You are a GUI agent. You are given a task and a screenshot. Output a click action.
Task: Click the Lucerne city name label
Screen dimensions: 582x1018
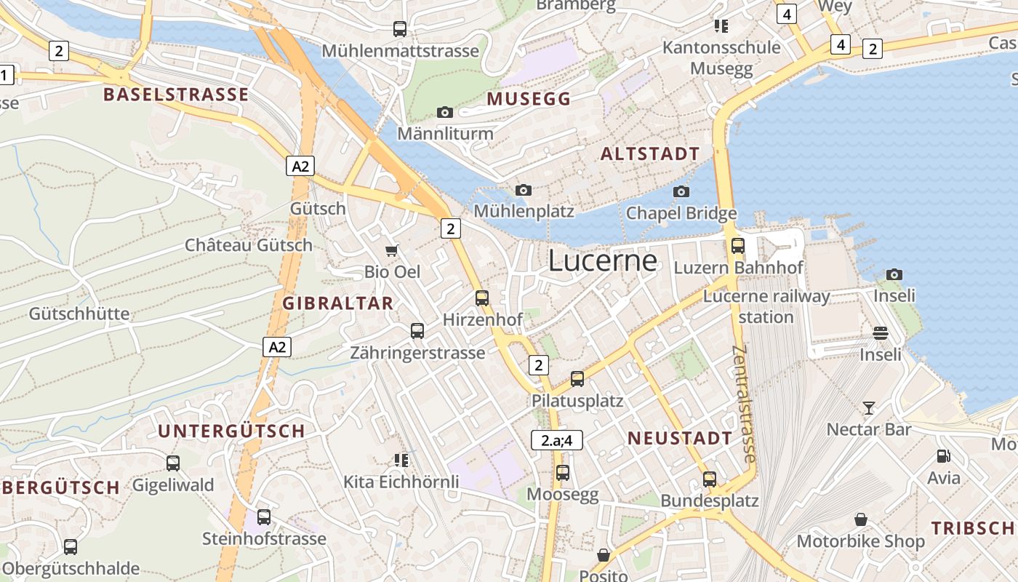pyautogui.click(x=603, y=260)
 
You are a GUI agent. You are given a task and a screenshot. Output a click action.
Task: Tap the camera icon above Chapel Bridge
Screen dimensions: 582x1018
pyautogui.click(x=681, y=191)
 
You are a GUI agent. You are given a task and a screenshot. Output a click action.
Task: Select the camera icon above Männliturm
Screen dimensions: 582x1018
pyautogui.click(x=445, y=112)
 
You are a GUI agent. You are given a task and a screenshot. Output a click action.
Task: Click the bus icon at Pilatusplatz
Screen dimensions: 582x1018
pyautogui.click(x=577, y=378)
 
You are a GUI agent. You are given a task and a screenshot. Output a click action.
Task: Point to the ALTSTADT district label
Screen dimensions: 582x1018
pyautogui.click(x=650, y=154)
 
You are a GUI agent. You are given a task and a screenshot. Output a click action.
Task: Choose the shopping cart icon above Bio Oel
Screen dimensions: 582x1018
pyautogui.click(x=392, y=251)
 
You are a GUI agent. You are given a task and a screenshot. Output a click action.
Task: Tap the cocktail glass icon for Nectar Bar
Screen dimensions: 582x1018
pyautogui.click(x=868, y=407)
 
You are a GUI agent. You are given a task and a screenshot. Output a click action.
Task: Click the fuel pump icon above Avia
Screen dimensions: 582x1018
pyautogui.click(x=944, y=456)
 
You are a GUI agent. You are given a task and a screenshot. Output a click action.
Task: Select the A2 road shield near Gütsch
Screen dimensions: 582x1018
pyautogui.click(x=300, y=166)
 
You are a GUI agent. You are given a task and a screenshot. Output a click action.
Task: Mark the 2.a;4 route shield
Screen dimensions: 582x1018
pyautogui.click(x=557, y=440)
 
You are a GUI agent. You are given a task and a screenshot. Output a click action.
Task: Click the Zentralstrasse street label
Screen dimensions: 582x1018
pyautogui.click(x=745, y=404)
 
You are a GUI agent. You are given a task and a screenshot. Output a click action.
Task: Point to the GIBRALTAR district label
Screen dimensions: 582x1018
pyautogui.click(x=338, y=303)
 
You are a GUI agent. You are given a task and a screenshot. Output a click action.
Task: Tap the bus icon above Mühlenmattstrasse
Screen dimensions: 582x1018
pyautogui.click(x=400, y=29)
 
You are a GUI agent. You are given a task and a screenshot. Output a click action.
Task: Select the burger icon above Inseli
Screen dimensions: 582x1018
pyautogui.click(x=881, y=333)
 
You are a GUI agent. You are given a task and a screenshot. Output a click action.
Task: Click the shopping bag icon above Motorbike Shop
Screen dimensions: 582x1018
pyautogui.click(x=861, y=519)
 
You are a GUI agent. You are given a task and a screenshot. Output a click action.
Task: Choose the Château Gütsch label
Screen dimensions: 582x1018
pyautogui.click(x=249, y=245)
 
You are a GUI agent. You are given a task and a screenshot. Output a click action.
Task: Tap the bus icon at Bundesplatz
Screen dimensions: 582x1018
pyautogui.click(x=710, y=479)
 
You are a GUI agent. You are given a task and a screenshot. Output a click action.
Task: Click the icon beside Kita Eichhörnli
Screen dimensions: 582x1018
pyautogui.click(x=401, y=460)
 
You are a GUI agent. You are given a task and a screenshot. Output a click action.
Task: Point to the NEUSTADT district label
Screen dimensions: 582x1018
pyautogui.click(x=680, y=438)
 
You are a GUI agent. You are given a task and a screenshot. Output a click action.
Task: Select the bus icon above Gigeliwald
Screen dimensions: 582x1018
pyautogui.click(x=173, y=463)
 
